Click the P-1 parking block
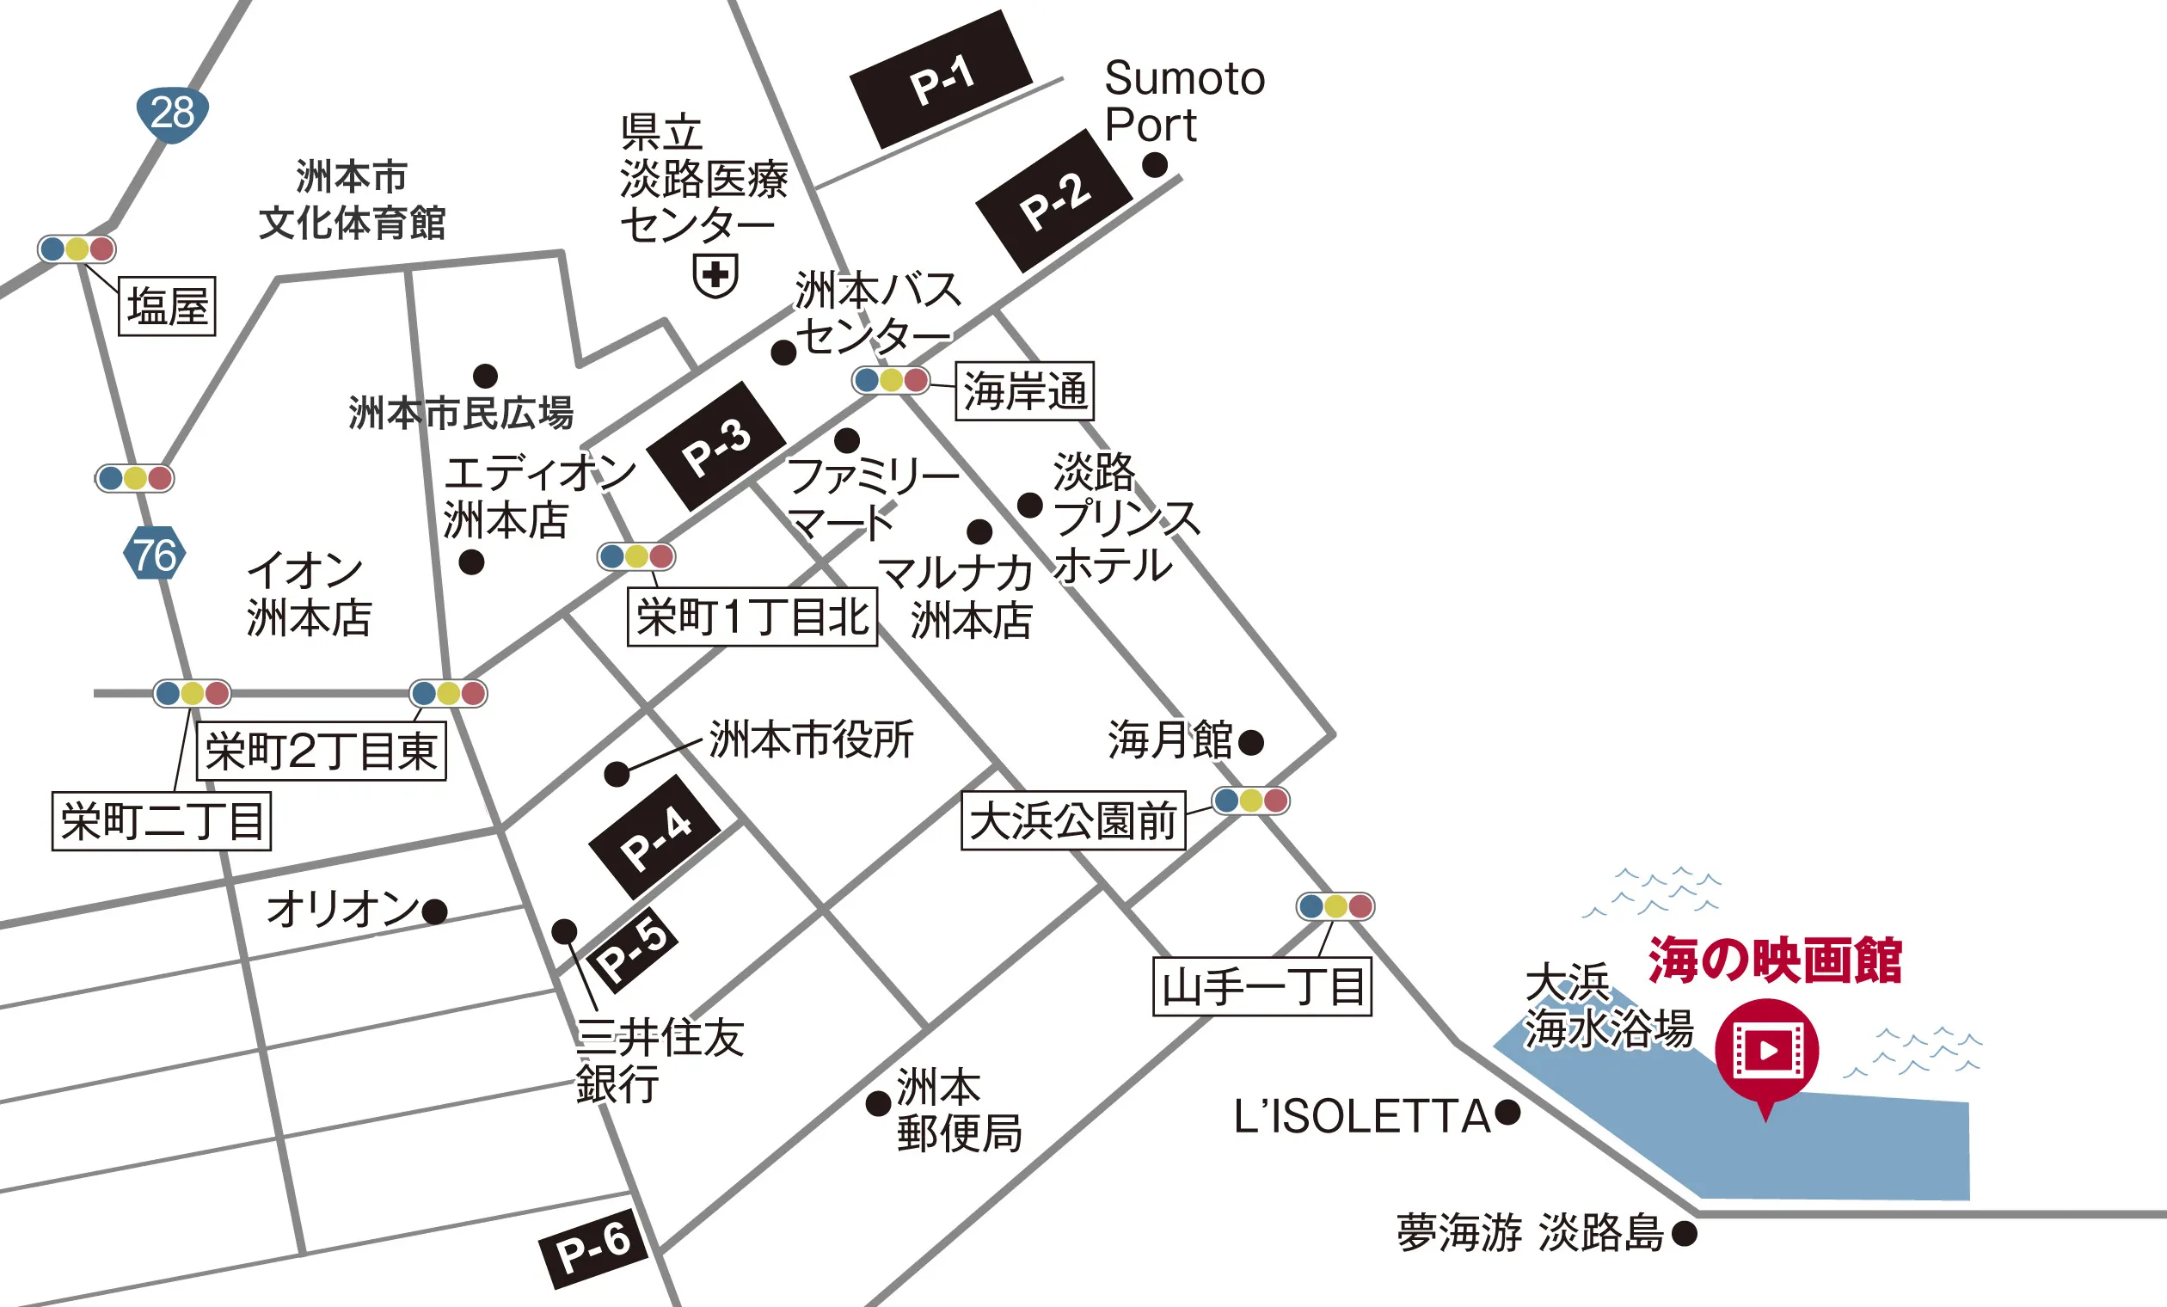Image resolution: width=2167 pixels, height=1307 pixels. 940,79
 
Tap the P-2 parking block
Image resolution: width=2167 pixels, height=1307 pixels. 1053,200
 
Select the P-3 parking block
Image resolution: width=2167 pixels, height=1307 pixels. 715,446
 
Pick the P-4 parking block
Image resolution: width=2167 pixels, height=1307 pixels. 654,837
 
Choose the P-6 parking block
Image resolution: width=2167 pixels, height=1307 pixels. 592,1249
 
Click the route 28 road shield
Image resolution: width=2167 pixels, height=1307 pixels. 172,114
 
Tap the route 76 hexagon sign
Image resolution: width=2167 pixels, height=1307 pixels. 155,553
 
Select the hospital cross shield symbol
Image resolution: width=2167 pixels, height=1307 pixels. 715,275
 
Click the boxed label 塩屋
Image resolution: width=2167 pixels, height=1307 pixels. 167,306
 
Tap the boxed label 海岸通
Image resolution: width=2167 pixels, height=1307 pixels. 1024,390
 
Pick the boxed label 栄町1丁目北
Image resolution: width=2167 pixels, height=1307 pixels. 752,617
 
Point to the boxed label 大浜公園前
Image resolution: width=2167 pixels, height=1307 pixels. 1073,820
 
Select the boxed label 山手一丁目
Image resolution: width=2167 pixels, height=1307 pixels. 1262,987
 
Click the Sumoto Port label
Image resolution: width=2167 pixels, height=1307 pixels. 1184,101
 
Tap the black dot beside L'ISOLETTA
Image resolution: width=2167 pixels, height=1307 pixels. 1507,1113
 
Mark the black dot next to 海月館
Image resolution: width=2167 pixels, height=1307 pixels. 1250,742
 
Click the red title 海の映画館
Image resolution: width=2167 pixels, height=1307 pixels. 1775,960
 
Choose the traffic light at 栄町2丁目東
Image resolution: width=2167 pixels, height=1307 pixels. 449,693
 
